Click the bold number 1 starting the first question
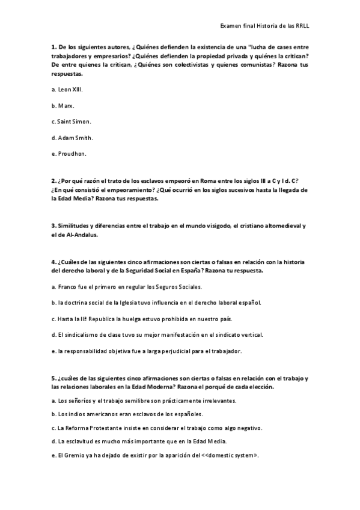[x=53, y=46]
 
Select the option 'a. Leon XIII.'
[x=67, y=89]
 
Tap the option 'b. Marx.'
[x=63, y=105]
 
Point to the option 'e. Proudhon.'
[x=69, y=154]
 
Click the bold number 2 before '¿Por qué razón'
[x=53, y=182]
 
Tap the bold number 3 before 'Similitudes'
[x=53, y=226]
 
